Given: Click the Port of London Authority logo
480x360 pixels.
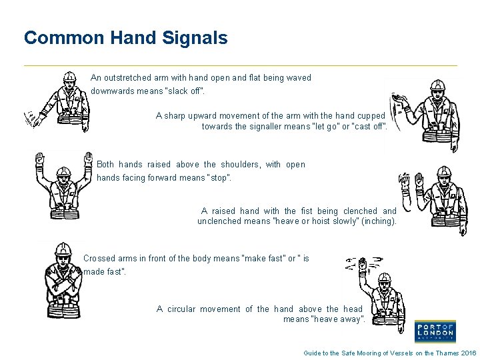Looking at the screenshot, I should tap(434, 330).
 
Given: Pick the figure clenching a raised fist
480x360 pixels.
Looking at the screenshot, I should tap(436, 200).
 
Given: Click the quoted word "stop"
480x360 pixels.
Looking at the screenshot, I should tap(219, 178).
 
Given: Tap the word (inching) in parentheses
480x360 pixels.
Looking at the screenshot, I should tap(378, 221).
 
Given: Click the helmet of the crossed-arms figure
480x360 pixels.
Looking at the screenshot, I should tap(63, 249).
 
